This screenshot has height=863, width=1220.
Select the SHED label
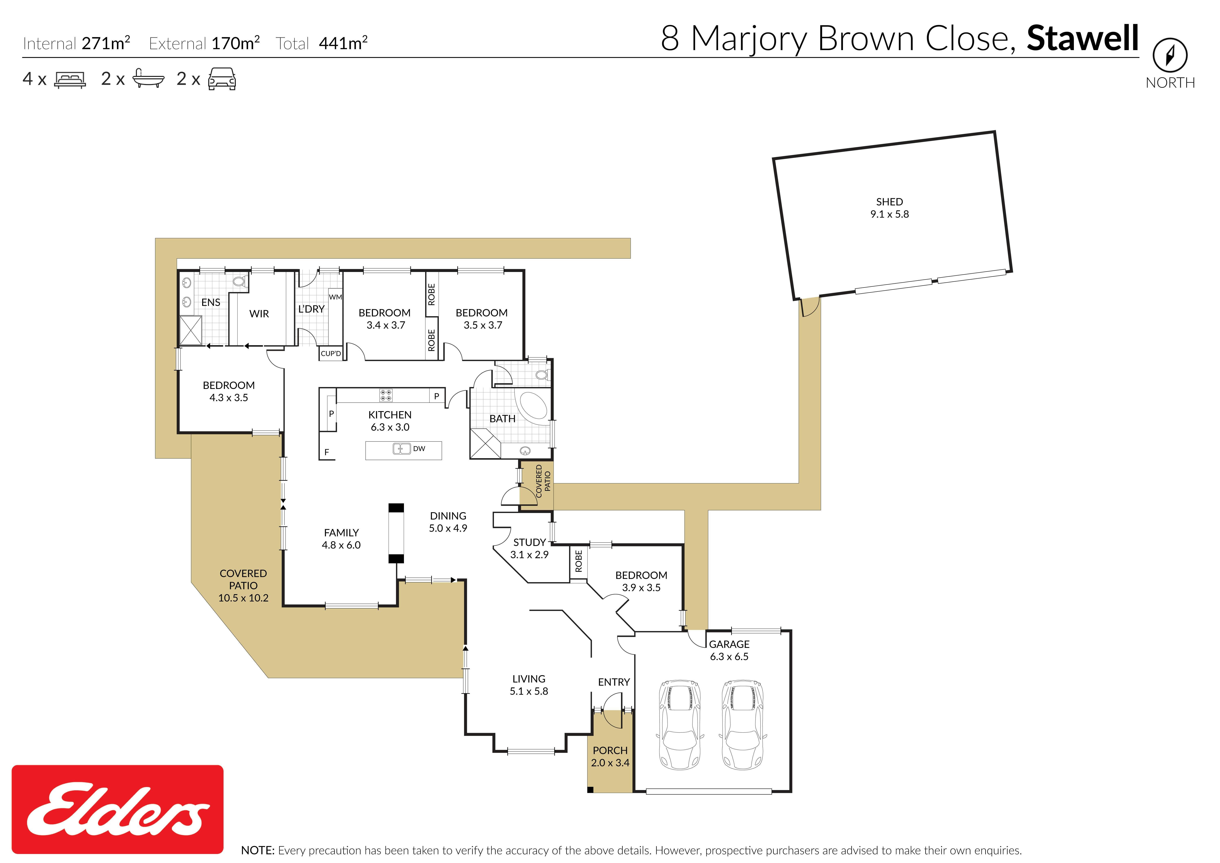point(889,202)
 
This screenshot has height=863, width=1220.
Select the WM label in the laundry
point(335,297)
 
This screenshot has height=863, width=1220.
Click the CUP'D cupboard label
point(331,353)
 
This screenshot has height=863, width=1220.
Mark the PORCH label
point(610,750)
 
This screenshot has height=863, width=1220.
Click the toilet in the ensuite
point(240,281)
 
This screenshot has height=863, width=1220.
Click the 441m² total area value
point(343,43)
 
